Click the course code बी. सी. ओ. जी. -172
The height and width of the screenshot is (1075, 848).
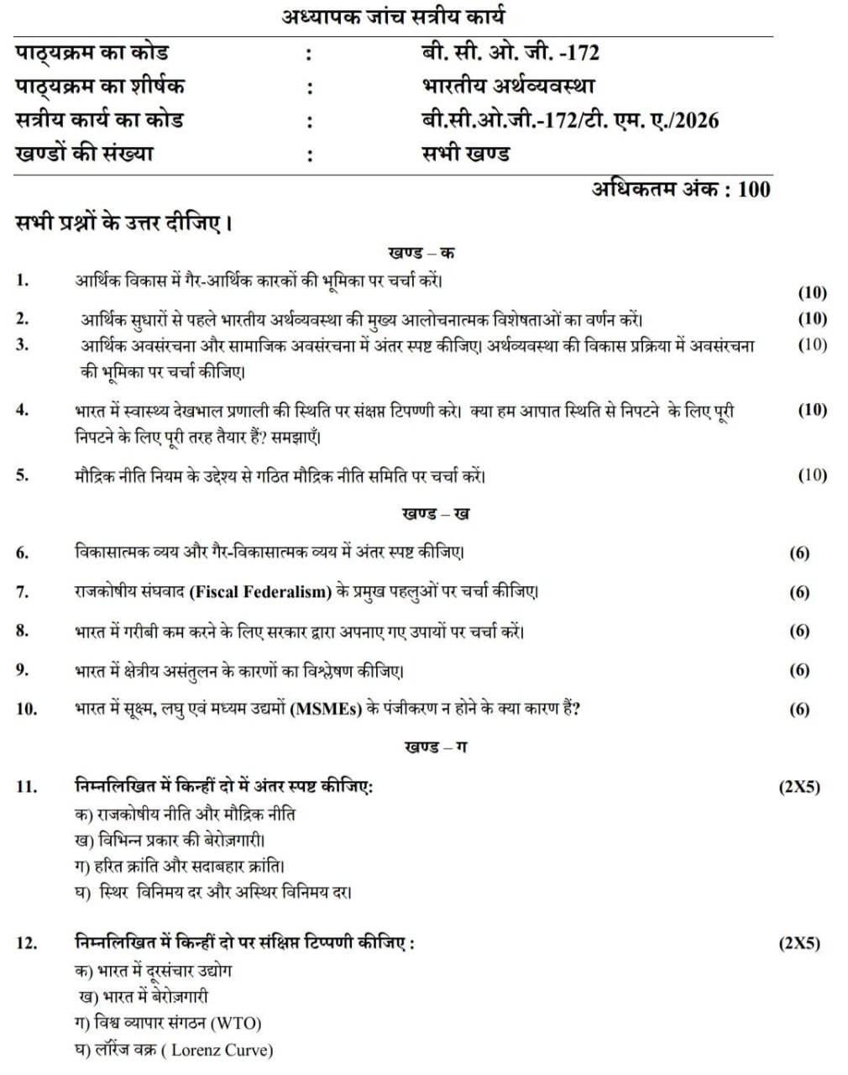point(510,53)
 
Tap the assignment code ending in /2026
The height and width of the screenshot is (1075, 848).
point(570,120)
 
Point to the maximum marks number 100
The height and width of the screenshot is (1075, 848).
point(754,189)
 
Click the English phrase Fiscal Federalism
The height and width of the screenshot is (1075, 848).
point(260,592)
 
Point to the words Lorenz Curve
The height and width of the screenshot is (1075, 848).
point(222,1050)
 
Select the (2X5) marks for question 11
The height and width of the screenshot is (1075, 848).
point(799,787)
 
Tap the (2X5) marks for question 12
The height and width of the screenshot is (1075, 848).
point(799,943)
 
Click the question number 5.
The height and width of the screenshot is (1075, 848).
point(22,475)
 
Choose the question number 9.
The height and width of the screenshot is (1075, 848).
point(22,670)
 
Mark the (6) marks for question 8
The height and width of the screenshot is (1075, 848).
point(799,631)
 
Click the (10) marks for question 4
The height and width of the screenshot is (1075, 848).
point(812,410)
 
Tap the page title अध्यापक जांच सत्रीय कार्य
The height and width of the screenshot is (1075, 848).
point(393,16)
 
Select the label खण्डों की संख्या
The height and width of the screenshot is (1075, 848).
point(85,155)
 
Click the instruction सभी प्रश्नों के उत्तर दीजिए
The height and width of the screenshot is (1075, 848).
point(123,223)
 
